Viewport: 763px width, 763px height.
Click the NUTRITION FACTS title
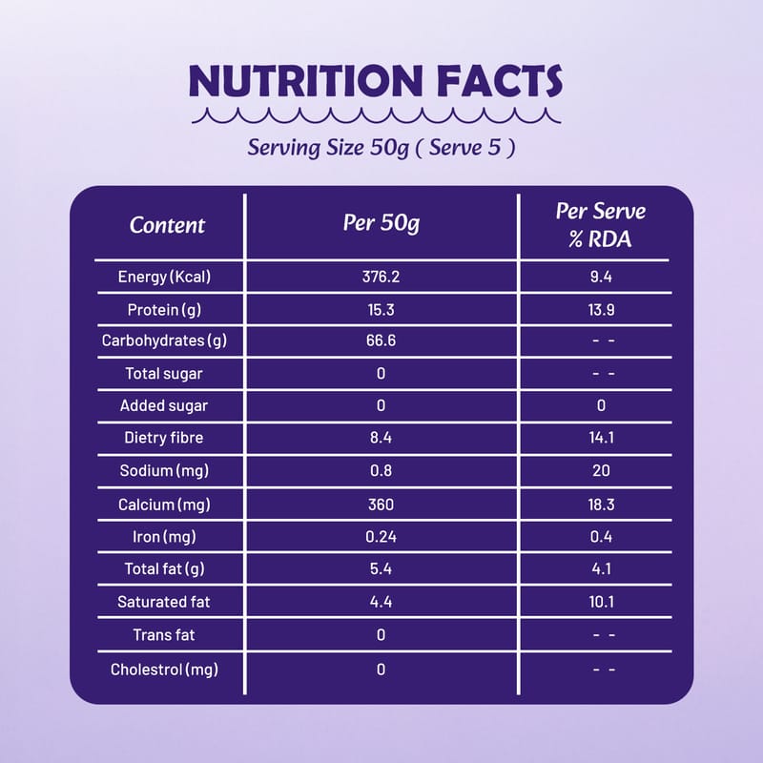[x=375, y=82]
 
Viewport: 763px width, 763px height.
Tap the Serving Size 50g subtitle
[x=381, y=149]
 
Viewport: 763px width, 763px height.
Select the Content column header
[x=167, y=226]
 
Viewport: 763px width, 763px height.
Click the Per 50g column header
[x=381, y=224]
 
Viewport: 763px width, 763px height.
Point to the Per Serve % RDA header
[x=601, y=225]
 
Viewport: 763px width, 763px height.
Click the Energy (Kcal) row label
[x=164, y=278]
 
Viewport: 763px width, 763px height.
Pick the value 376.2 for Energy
[x=381, y=278]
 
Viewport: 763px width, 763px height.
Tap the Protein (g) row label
[x=164, y=310]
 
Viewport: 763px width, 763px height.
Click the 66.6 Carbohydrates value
[x=381, y=341]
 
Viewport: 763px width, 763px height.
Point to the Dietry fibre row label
[x=164, y=439]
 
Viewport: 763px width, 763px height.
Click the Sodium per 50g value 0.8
[x=381, y=471]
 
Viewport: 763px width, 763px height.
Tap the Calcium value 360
[x=381, y=504]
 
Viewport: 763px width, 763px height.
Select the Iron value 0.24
[x=381, y=537]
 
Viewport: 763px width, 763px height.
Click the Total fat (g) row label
[x=164, y=569]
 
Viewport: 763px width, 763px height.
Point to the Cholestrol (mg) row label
[x=164, y=669]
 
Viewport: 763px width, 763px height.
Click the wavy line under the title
[x=375, y=117]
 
